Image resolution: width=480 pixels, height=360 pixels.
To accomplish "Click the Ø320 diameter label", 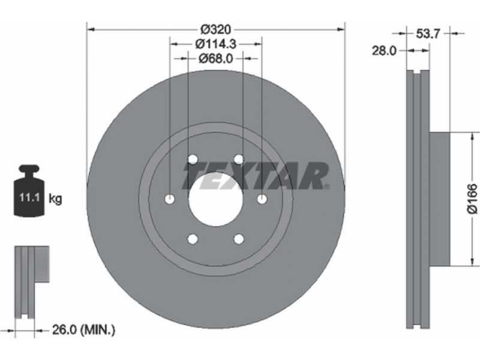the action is coord(215,29).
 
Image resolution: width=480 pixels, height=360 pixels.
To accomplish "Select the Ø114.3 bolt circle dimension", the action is coord(216,44).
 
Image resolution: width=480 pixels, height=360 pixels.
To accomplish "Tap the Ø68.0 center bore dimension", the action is coord(216,58).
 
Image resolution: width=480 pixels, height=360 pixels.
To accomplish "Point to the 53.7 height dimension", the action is coord(428,34).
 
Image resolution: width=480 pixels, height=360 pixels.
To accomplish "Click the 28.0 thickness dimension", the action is coord(384,50).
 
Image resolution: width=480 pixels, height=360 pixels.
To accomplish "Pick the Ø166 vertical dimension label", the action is coord(472,199).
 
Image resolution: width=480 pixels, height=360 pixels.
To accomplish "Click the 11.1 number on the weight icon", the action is coord(29,197).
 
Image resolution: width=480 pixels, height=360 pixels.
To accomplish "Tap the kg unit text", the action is coord(55,199).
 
